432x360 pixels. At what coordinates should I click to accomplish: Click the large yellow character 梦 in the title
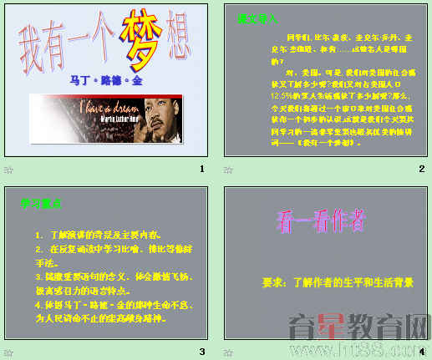141,38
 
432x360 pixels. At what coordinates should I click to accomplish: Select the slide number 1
201,169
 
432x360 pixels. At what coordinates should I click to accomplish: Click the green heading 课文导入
257,18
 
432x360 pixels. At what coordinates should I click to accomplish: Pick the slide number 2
421,169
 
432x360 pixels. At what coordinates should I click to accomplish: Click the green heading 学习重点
39,202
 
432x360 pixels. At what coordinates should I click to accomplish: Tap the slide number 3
201,351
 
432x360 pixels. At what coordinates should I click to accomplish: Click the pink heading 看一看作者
320,221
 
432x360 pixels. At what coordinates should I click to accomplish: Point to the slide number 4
421,351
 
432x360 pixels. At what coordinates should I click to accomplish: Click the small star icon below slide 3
8,351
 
